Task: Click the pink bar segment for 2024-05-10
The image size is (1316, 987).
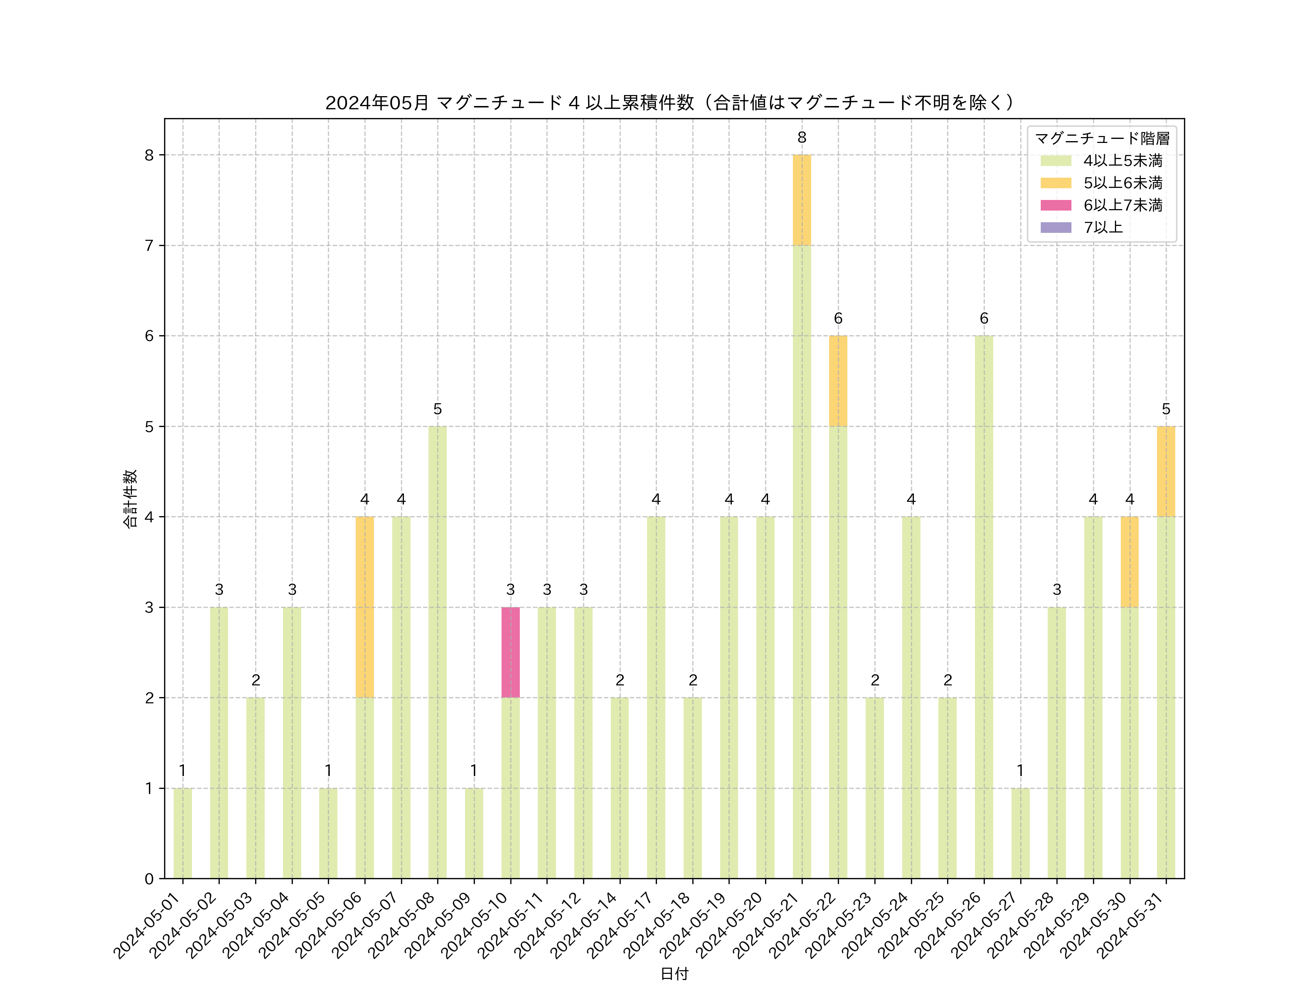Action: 510,652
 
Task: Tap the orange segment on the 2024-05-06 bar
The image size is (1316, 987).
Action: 365,607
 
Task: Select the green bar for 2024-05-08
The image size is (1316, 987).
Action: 437,652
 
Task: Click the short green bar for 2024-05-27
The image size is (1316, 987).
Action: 1020,833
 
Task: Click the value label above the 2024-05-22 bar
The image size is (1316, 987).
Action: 838,318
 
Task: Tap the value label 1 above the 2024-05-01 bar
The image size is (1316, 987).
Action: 183,771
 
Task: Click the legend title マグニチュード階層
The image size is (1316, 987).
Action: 1102,139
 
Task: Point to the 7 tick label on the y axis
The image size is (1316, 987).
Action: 149,246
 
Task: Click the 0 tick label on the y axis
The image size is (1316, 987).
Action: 149,879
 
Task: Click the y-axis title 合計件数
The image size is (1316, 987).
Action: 130,499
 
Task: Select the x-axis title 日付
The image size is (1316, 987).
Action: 674,973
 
